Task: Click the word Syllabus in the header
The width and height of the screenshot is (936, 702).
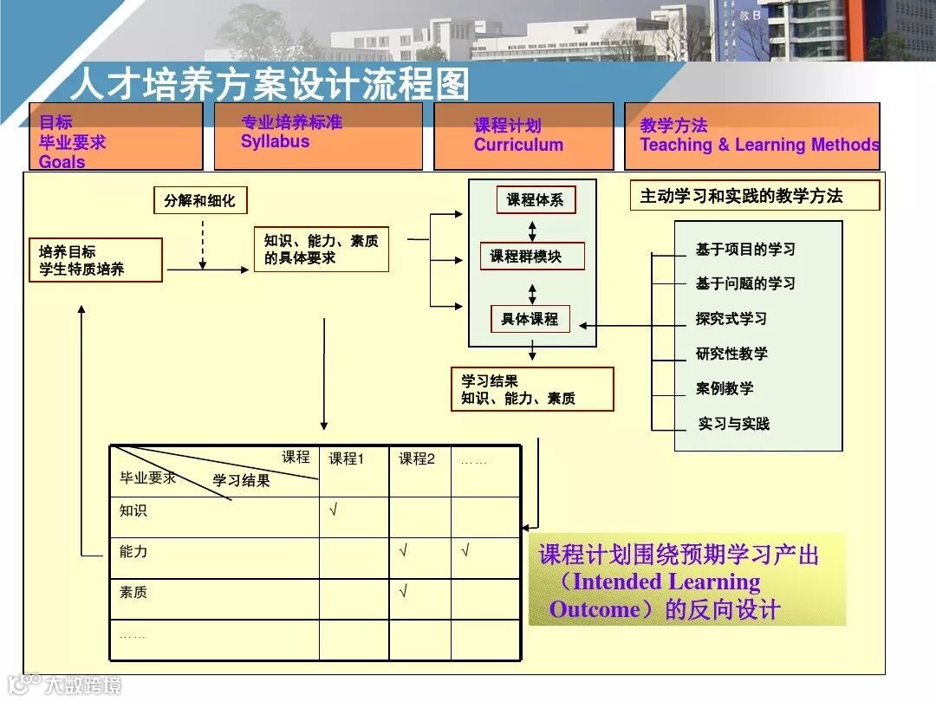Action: point(275,142)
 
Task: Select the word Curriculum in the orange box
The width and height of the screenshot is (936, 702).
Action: point(518,145)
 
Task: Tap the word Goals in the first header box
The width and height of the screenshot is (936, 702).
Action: point(62,161)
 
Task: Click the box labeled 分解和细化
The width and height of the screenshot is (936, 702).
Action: point(199,201)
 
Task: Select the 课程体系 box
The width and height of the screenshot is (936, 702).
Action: point(535,200)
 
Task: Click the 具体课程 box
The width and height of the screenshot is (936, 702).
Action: point(530,319)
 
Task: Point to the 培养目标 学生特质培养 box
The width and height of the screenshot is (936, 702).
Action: point(95,260)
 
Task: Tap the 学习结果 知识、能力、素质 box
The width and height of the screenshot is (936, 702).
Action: point(531,389)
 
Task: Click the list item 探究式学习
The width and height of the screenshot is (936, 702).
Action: point(731,319)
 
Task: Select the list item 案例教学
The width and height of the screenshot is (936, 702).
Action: point(725,388)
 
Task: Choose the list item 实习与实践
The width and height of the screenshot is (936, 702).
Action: point(733,424)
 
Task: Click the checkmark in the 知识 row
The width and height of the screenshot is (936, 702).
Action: point(334,510)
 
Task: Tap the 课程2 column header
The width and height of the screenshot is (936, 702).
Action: point(417,459)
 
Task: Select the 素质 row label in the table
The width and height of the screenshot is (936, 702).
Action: point(133,593)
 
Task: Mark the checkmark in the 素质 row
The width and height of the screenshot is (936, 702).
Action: point(404,592)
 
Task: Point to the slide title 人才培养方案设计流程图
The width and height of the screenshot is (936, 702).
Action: point(270,84)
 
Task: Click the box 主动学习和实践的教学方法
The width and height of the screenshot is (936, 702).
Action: point(754,196)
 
